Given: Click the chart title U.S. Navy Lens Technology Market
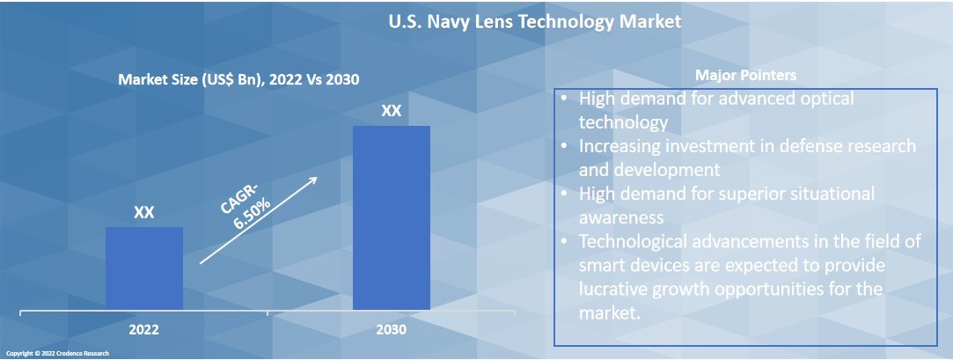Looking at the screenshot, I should (535, 22).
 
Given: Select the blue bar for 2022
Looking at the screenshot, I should (144, 268).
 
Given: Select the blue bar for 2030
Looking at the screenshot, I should (392, 217).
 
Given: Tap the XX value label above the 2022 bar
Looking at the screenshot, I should (144, 213).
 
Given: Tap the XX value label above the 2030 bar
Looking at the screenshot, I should (392, 112).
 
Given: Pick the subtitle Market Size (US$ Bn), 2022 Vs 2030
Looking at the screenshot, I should (238, 79).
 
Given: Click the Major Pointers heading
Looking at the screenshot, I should (745, 75).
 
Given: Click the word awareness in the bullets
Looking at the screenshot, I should (620, 217).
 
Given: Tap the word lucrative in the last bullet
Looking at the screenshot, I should (621, 289).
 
